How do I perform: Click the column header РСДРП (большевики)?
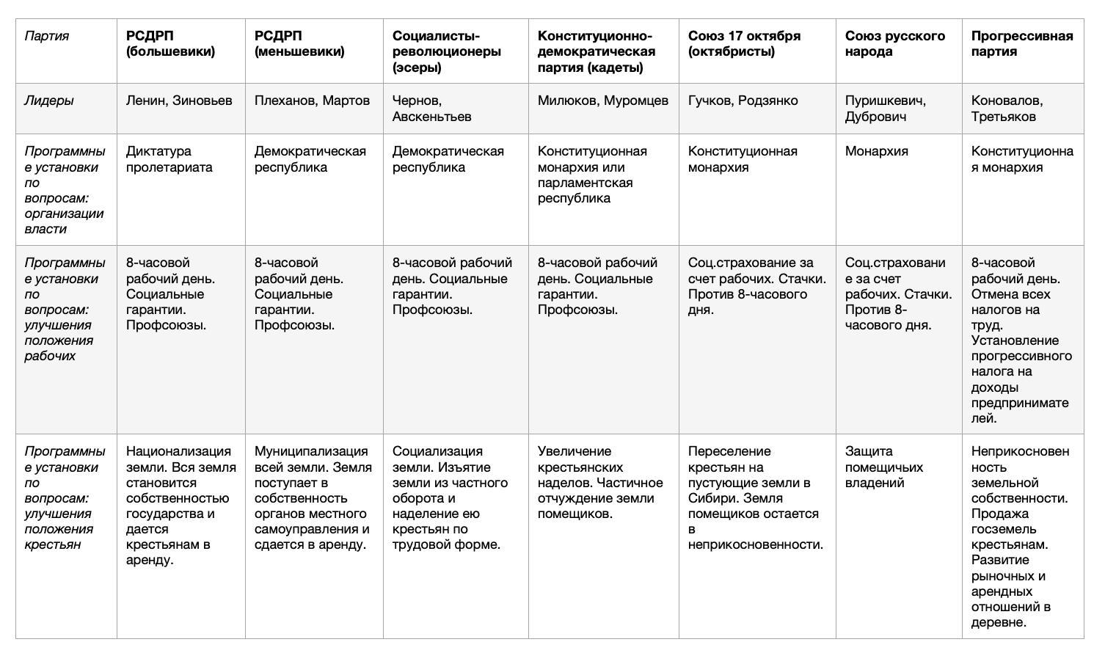170,44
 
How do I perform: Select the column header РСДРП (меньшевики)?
299,44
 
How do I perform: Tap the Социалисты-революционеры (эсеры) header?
447,51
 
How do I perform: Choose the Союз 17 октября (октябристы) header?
744,44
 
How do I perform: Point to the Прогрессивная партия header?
1021,44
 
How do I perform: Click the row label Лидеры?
49,101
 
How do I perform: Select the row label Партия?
47,36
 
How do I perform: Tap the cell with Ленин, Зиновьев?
179,101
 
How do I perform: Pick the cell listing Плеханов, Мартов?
312,101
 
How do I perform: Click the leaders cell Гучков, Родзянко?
743,101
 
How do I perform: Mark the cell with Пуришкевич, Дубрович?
885,109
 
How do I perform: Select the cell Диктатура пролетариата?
169,159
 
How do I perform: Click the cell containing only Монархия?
876,152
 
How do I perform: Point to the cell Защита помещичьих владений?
883,467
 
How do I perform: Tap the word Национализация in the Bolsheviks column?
178,451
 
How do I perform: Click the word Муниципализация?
311,451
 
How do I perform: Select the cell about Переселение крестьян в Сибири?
755,497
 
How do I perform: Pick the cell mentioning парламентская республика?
592,175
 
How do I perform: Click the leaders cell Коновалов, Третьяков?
1007,109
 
